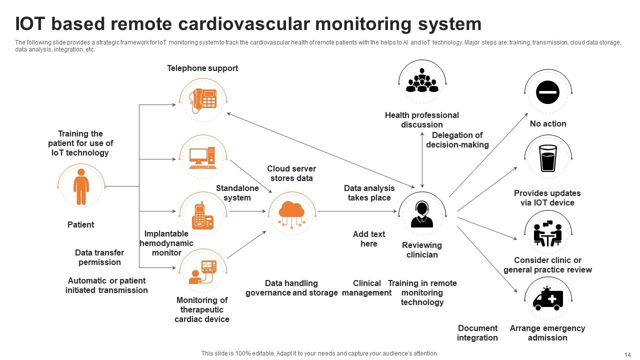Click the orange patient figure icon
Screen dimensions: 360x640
(81, 187)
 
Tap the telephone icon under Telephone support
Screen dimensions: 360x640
(202, 99)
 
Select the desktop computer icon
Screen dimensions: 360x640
(202, 156)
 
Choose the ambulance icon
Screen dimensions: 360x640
(548, 299)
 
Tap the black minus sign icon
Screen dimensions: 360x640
(548, 92)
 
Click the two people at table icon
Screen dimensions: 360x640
(548, 233)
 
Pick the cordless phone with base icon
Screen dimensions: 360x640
(202, 215)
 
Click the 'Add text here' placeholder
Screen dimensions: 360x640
(369, 239)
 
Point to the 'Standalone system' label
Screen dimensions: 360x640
(237, 193)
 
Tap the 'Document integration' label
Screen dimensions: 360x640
(477, 333)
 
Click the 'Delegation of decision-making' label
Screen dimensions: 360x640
(457, 140)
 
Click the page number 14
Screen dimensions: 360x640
(627, 354)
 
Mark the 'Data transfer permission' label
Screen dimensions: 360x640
(99, 257)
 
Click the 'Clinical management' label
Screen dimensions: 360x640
(367, 288)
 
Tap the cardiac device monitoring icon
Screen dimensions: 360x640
(202, 272)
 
